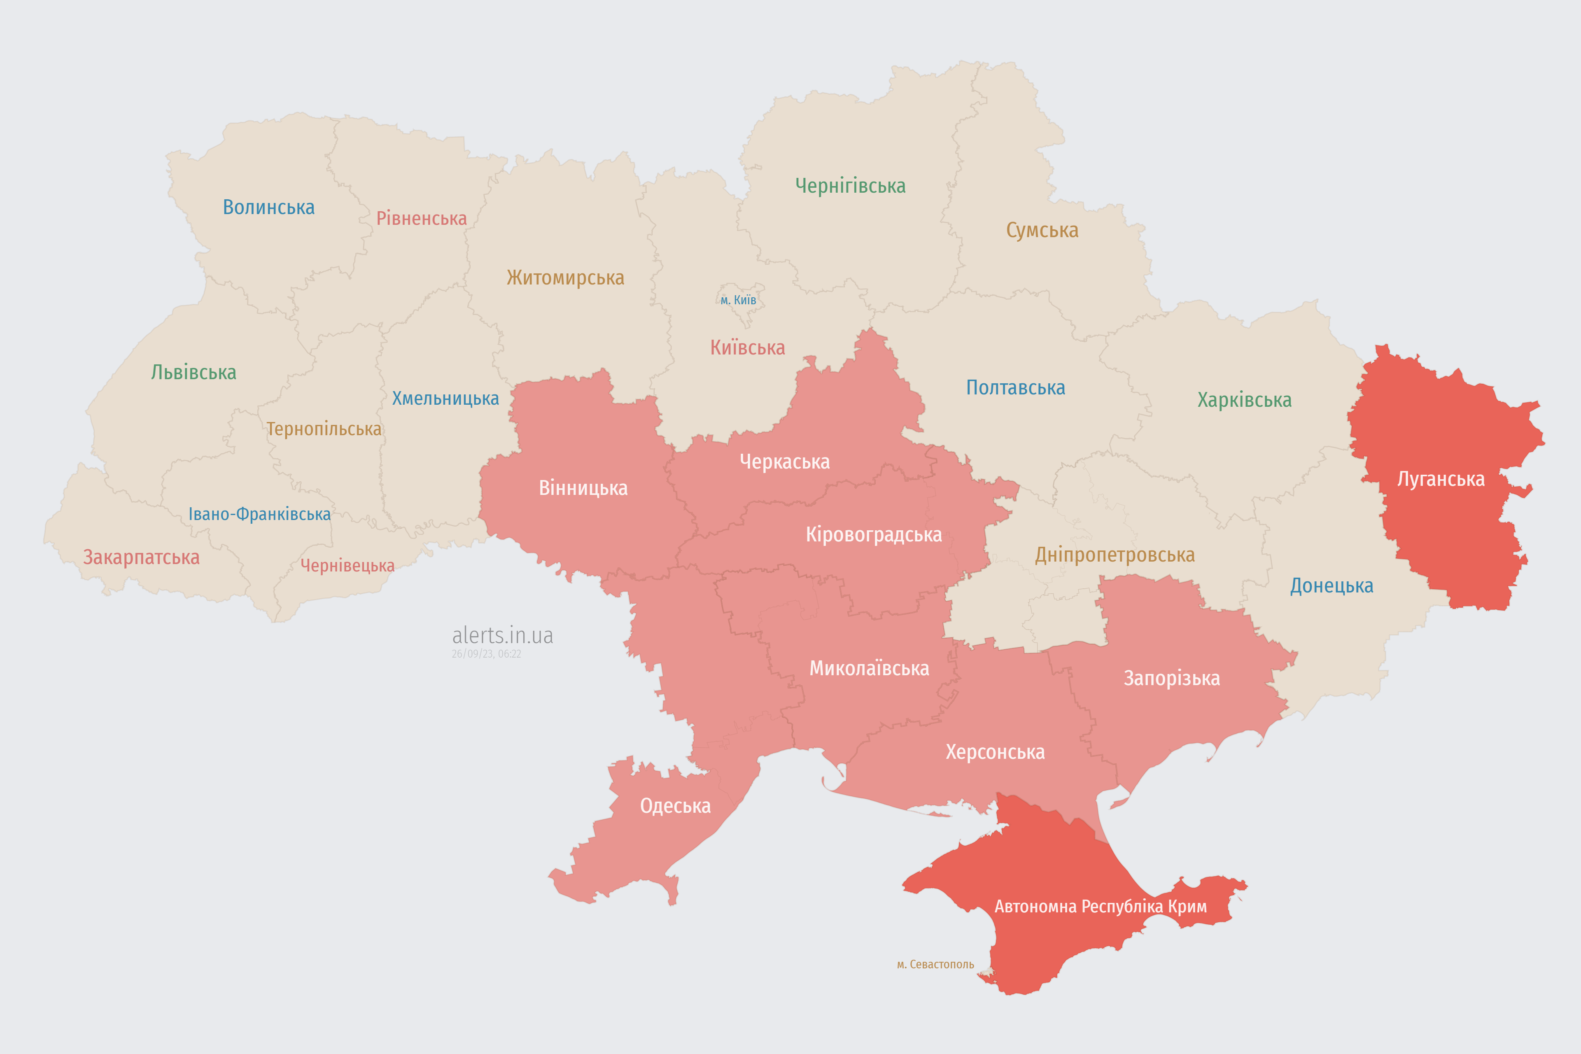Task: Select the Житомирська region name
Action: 565,277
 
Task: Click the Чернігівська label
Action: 850,186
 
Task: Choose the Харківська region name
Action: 1244,400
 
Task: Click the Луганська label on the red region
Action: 1441,479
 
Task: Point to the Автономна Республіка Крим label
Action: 1101,907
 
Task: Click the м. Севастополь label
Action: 935,965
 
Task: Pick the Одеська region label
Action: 675,806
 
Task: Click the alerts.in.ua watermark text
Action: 502,635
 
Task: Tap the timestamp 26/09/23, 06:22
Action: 486,654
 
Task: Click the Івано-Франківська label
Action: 259,514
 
